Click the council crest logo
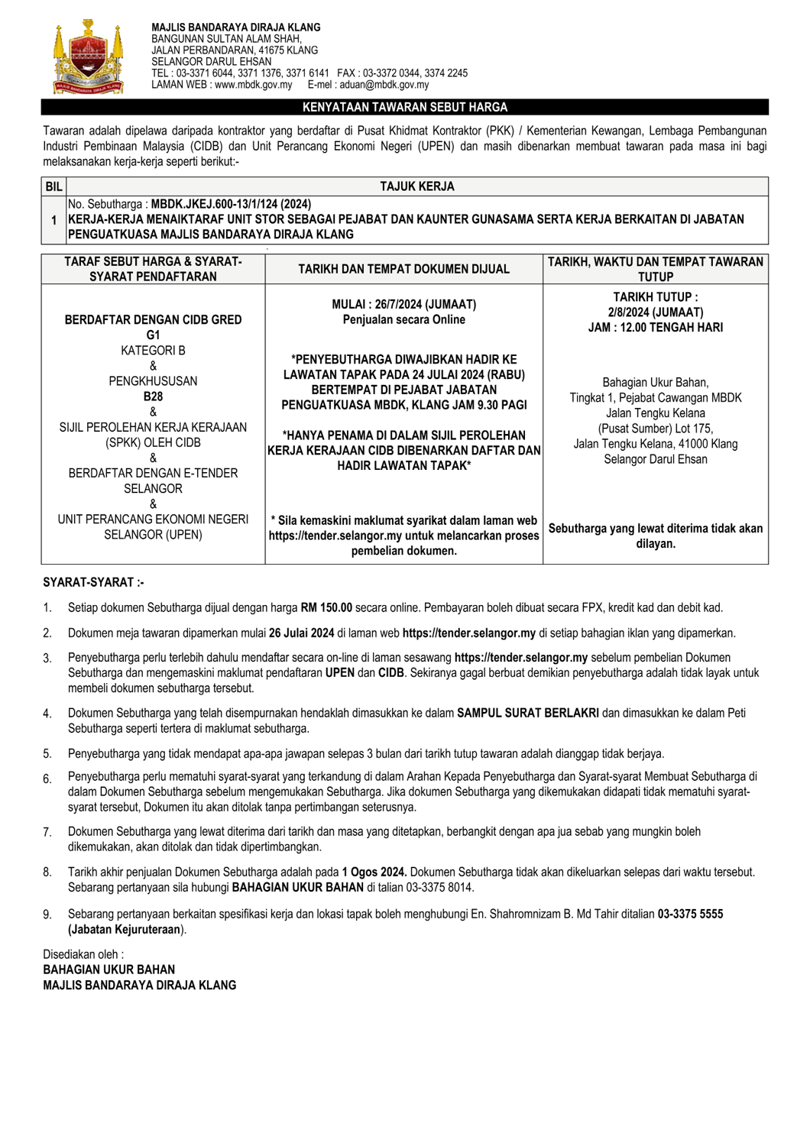click(88, 58)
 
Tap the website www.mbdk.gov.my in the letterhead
click(253, 85)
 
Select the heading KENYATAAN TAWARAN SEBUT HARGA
click(405, 108)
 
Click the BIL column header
click(53, 186)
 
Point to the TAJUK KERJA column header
click(416, 186)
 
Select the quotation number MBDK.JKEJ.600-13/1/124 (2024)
click(231, 204)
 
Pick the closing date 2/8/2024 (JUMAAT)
click(656, 312)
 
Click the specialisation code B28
click(153, 397)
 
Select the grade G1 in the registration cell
click(153, 335)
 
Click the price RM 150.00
click(326, 608)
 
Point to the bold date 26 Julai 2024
click(301, 633)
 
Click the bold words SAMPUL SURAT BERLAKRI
click(528, 713)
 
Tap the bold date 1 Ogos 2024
click(374, 872)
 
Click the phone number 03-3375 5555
click(690, 914)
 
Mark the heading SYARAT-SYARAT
click(93, 582)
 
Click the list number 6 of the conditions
click(47, 779)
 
